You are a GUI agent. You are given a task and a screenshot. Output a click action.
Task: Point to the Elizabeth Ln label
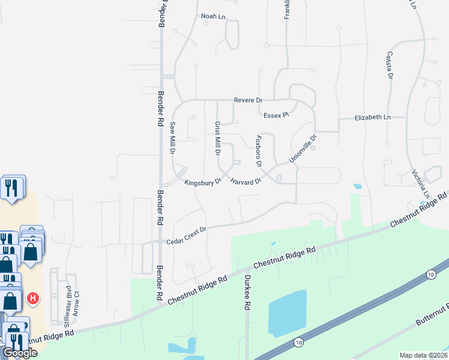372,118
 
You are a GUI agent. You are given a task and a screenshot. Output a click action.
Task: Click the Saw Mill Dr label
172,138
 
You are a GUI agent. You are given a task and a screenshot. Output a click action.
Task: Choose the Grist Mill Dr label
217,136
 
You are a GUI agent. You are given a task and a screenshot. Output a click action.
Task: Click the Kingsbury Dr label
203,182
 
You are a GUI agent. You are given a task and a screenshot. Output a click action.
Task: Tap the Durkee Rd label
246,293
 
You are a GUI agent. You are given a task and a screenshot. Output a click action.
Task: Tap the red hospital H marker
34,298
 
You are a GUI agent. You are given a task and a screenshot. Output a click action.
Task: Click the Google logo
19,353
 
